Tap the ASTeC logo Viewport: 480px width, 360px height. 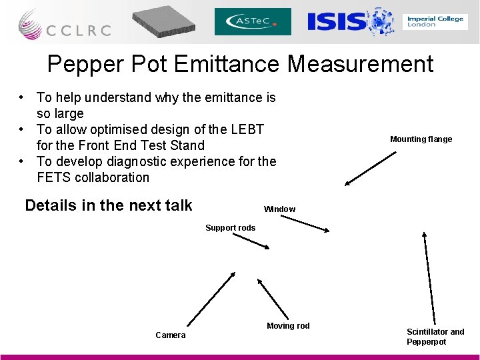click(x=253, y=22)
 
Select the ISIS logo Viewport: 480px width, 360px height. click(x=350, y=21)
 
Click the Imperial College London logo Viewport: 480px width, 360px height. click(x=435, y=21)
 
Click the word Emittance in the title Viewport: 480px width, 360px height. click(x=227, y=65)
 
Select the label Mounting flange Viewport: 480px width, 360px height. click(x=421, y=139)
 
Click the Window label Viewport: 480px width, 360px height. click(x=279, y=209)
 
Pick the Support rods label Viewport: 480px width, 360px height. click(x=230, y=228)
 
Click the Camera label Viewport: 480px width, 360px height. click(x=171, y=335)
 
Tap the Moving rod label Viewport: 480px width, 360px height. click(x=288, y=326)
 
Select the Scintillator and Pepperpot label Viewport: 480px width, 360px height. click(x=435, y=337)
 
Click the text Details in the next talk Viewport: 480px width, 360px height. click(x=108, y=205)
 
